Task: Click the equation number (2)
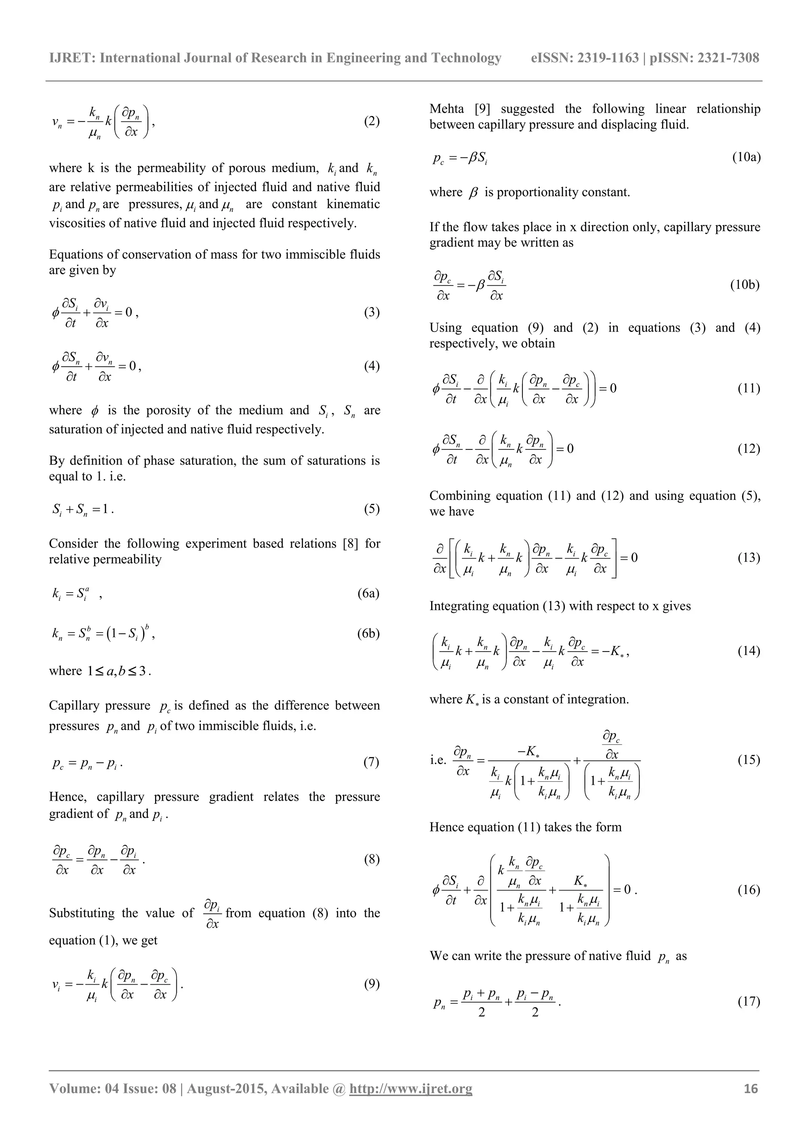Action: [x=372, y=121]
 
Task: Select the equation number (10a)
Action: [x=746, y=158]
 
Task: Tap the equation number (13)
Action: [x=749, y=557]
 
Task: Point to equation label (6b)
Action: [x=368, y=633]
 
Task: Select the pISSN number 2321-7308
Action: [x=728, y=58]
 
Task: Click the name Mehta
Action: [x=446, y=109]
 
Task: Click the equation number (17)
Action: [x=749, y=1001]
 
